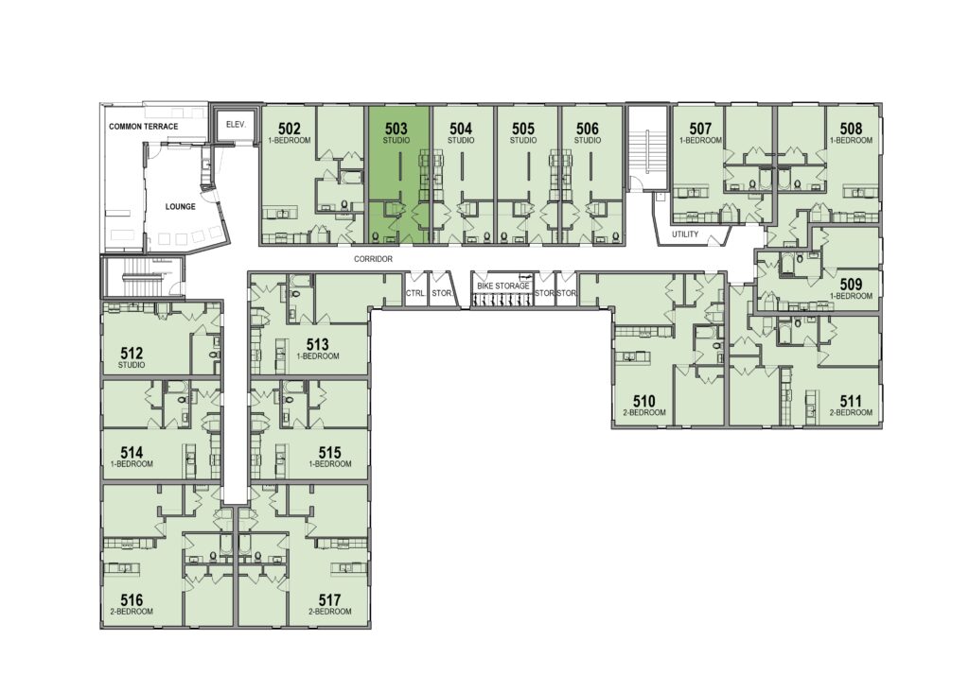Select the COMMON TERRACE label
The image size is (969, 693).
point(144,127)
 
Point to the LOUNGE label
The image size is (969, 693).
point(180,207)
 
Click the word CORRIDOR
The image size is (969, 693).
point(373,259)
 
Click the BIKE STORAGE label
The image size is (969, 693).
point(503,286)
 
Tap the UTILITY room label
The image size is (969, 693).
point(685,234)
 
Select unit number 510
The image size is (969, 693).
point(643,402)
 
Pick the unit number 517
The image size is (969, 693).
point(329,599)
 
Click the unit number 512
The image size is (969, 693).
point(132,354)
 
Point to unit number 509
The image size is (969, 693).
point(851,285)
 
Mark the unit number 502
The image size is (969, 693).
point(290,129)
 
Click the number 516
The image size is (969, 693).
point(132,599)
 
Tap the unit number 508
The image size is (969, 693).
point(851,129)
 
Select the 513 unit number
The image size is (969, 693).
point(318,345)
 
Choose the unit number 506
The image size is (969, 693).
point(587,129)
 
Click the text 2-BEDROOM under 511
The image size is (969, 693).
point(851,412)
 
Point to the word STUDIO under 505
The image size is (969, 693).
point(522,140)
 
